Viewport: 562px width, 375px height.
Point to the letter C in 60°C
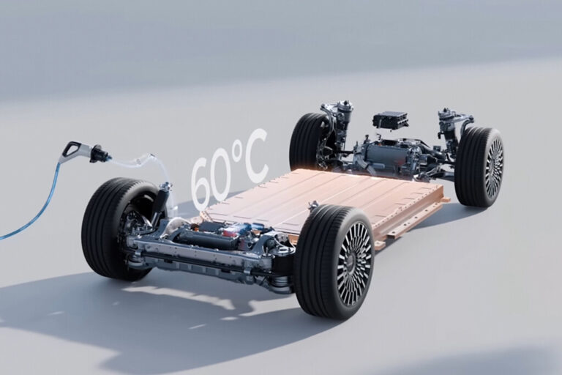254,154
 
